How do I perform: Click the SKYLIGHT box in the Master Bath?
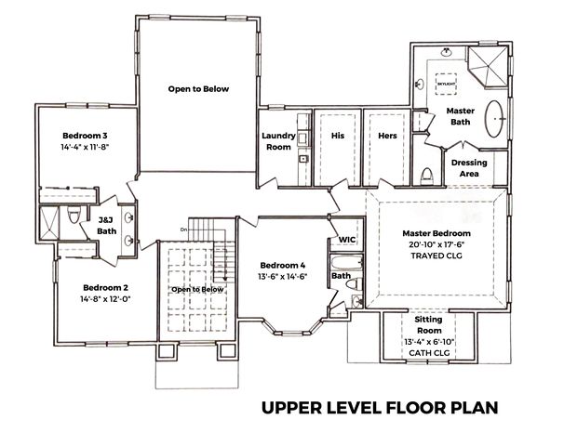(446, 84)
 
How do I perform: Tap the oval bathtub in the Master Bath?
(495, 119)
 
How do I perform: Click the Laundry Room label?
(278, 141)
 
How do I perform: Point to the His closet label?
(338, 136)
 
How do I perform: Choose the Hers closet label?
(387, 136)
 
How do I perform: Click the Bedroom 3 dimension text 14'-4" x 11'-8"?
(85, 147)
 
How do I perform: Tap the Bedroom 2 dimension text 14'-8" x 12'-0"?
(105, 299)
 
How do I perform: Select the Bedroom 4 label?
(283, 266)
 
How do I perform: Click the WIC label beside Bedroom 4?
(347, 240)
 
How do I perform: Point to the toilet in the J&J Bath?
(74, 215)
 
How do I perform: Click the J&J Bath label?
(107, 225)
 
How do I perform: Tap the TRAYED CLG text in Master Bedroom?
(436, 256)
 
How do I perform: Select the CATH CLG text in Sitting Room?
(429, 353)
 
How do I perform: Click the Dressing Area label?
(469, 168)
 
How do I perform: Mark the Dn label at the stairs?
(183, 230)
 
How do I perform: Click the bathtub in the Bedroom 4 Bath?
(346, 263)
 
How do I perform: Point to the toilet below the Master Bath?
(427, 175)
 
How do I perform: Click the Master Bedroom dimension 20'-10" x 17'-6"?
(436, 244)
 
